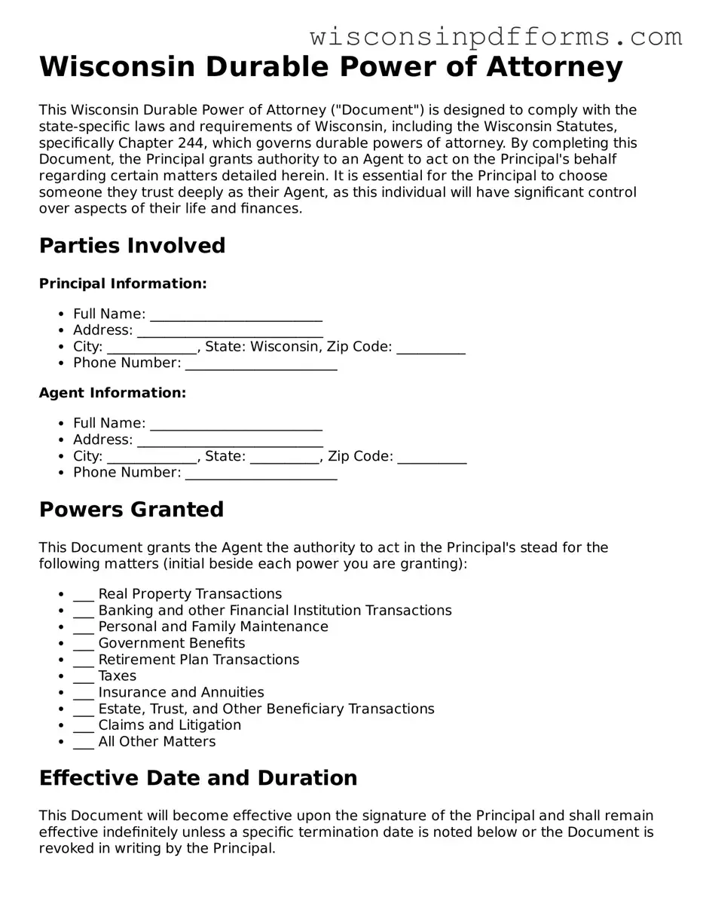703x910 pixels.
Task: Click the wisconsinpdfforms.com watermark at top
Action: click(x=496, y=36)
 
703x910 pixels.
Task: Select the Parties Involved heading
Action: click(x=132, y=246)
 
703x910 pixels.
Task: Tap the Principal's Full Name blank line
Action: click(x=236, y=315)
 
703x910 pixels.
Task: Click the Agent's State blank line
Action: click(x=285, y=457)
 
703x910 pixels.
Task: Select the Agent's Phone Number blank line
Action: click(x=261, y=473)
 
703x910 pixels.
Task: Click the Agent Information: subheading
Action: click(x=112, y=393)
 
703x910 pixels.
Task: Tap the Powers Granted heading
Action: click(x=131, y=510)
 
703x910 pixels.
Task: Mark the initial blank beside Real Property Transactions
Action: click(x=84, y=595)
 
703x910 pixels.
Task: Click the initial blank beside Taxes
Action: click(x=84, y=677)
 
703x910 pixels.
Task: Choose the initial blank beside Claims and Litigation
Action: click(x=84, y=726)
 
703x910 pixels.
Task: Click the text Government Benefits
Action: click(x=172, y=643)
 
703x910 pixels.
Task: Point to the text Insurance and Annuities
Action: click(x=181, y=692)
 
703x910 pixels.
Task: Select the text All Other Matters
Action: click(x=157, y=742)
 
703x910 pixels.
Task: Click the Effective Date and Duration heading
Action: click(x=198, y=778)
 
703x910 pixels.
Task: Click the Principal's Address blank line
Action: click(x=230, y=332)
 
